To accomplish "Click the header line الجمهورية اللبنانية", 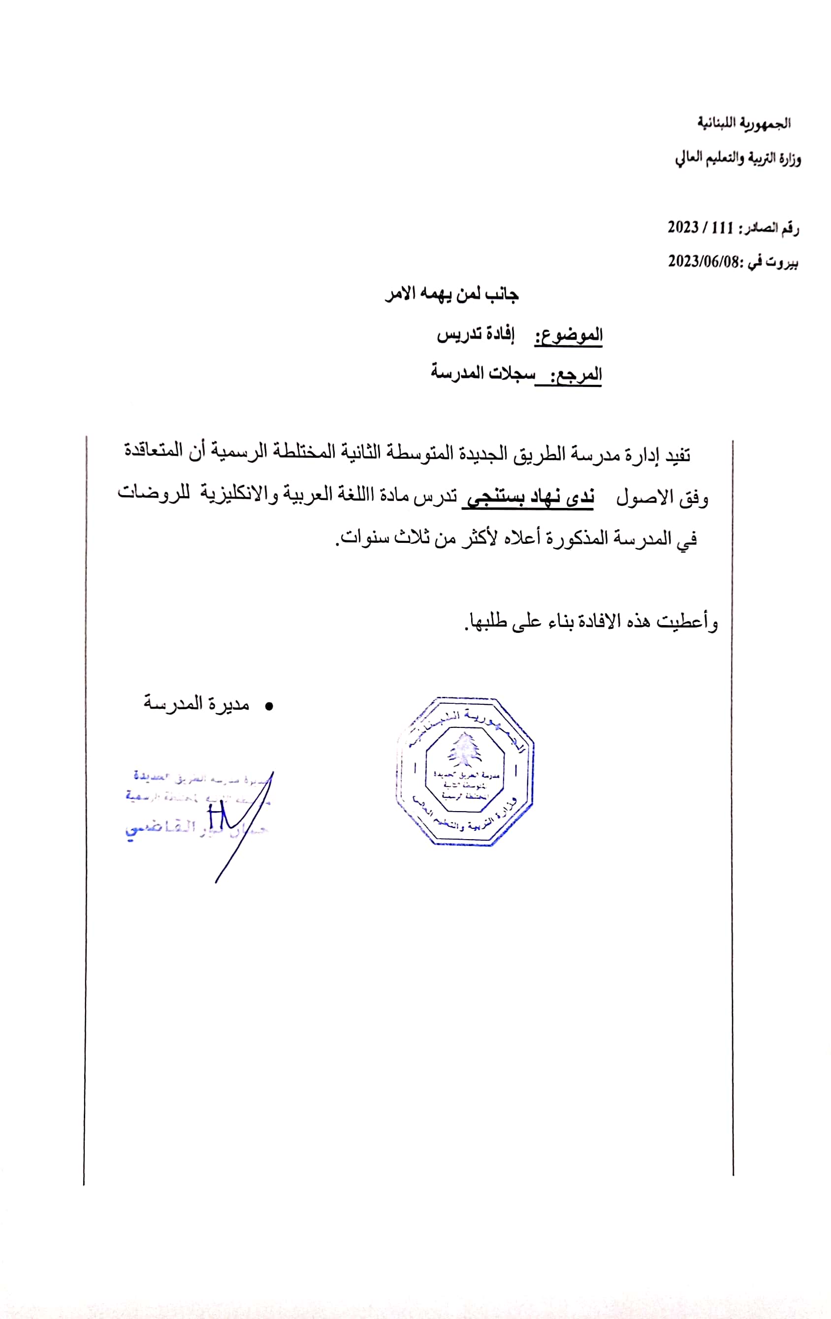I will [x=743, y=123].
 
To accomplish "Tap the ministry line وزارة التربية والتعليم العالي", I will [x=737, y=159].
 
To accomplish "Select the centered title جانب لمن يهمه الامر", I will [x=452, y=295].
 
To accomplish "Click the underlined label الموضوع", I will [x=569, y=335].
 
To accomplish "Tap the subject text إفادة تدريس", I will [x=476, y=335].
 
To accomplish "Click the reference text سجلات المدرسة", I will [x=482, y=373].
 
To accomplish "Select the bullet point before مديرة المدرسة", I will [x=268, y=707].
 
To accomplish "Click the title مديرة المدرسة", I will [x=196, y=703].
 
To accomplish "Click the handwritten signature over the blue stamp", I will [x=235, y=821].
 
